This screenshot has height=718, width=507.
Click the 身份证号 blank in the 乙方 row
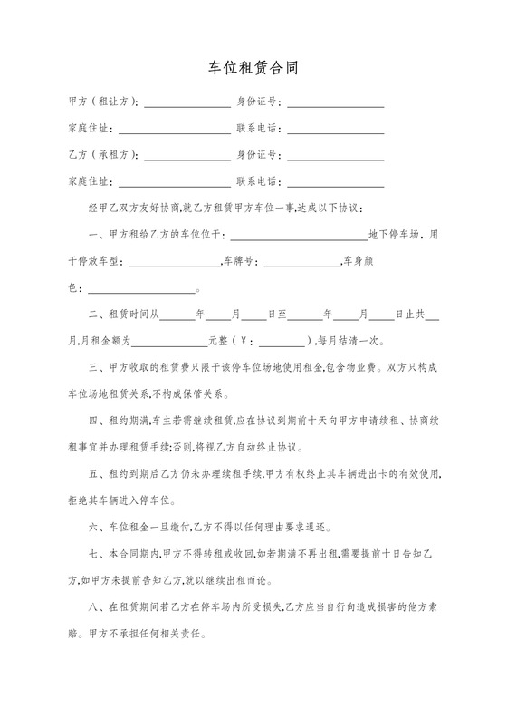coord(336,157)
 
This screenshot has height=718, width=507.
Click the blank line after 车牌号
coord(301,264)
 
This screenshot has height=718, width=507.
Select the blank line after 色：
coord(140,290)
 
